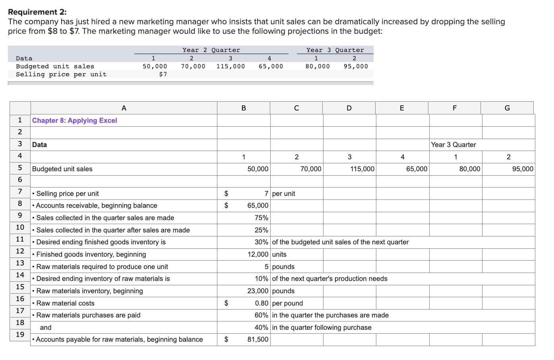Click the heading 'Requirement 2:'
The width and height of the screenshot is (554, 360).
[37, 12]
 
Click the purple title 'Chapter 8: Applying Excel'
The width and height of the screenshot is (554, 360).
[75, 120]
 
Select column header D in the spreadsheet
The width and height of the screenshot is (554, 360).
[349, 108]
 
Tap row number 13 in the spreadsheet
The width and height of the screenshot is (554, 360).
[20, 263]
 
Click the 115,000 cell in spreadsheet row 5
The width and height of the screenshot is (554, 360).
[362, 169]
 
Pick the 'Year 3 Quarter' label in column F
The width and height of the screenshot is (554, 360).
[453, 145]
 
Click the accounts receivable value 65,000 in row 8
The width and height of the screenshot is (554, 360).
[258, 205]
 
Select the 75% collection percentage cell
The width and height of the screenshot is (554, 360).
[261, 218]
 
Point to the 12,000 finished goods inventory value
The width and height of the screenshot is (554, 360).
[258, 254]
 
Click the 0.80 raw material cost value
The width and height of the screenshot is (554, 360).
[262, 303]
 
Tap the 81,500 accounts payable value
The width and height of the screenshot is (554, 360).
[258, 339]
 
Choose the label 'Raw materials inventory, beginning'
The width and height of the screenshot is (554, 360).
[89, 291]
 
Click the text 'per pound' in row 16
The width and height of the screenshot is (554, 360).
[287, 303]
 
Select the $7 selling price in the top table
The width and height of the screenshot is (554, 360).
[163, 74]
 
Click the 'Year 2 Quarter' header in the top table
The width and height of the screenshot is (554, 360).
[211, 50]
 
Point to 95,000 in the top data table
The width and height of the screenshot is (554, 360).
[356, 66]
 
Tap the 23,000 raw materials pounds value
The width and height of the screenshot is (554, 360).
[258, 291]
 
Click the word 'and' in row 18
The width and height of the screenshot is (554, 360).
[46, 327]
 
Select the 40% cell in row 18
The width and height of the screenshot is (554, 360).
[261, 327]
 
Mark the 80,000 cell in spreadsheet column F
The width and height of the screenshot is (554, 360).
[469, 169]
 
